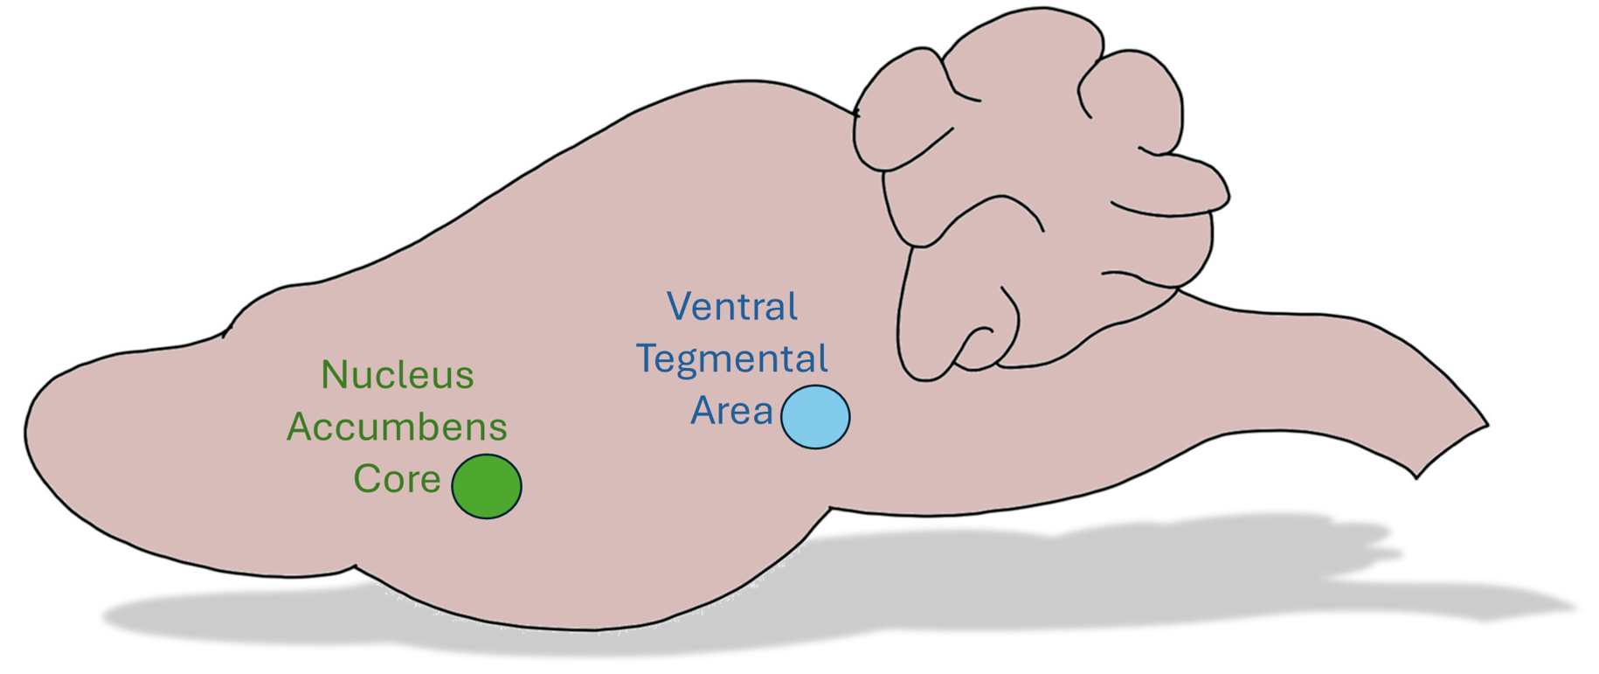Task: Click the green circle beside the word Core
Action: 487,486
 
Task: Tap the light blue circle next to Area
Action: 815,417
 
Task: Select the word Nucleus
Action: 398,375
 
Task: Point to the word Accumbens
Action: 397,427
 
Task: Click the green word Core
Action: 397,479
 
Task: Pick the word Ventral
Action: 732,307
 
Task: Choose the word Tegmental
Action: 732,359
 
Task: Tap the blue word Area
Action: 732,411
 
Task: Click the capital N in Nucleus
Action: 332,375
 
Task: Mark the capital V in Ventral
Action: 679,307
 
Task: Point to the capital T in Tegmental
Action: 647,358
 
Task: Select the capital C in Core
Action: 365,479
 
